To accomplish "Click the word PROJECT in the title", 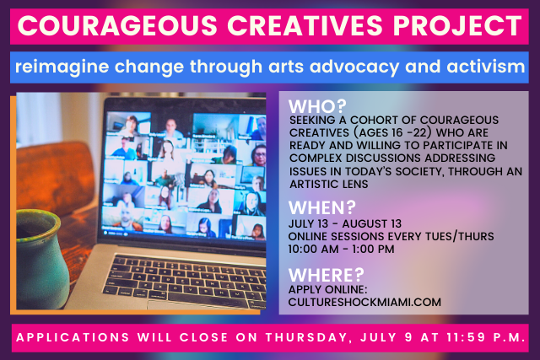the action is tap(457, 25).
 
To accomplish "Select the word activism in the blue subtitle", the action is tap(486, 66).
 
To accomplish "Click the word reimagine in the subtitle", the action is tap(62, 67).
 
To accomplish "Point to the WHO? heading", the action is tap(317, 106).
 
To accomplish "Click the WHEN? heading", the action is tap(322, 207).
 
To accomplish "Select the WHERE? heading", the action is tap(327, 275).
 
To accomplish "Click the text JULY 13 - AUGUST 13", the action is tap(345, 223).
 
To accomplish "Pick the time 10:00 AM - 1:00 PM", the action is tap(341, 249).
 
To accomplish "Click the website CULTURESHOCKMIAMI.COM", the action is tap(364, 302).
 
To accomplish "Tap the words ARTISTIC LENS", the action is tap(329, 184).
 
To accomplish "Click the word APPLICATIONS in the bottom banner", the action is tap(73, 337).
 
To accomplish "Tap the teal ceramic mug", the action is tap(40, 258).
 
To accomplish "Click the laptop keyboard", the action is tap(185, 281).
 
